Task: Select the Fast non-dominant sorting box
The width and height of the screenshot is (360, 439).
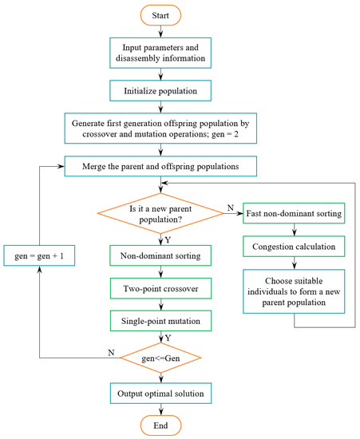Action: tap(296, 214)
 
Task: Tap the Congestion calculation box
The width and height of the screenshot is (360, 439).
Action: tap(296, 247)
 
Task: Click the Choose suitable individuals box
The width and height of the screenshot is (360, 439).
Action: tap(296, 288)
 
